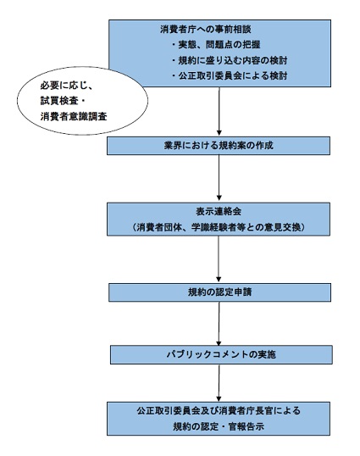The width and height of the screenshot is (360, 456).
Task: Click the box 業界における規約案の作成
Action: pyautogui.click(x=219, y=145)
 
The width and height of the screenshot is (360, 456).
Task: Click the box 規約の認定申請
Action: pyautogui.click(x=219, y=293)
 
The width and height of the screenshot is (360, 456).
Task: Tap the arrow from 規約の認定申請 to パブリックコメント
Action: pyautogui.click(x=219, y=322)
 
